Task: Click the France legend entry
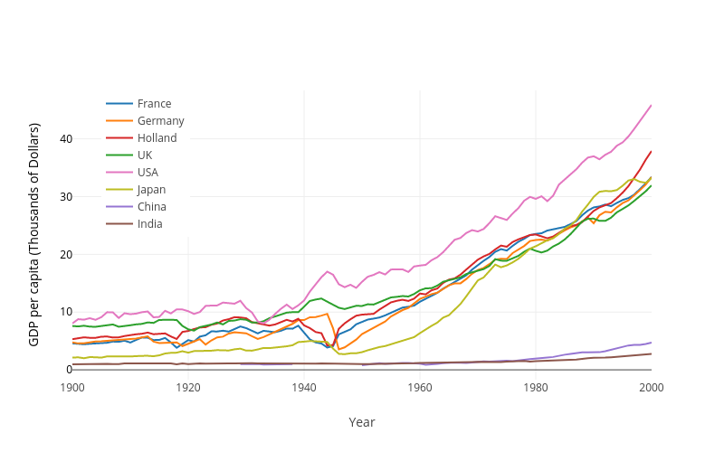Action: (x=154, y=104)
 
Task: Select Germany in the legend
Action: (x=160, y=121)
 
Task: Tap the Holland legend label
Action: (x=157, y=138)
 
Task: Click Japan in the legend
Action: (x=152, y=190)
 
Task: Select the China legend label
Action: (x=152, y=207)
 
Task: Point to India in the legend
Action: (x=150, y=224)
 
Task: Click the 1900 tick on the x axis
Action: (x=72, y=388)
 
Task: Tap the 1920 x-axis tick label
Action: (x=188, y=388)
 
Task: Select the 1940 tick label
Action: (x=304, y=388)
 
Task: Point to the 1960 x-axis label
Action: (x=420, y=388)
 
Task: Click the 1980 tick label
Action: (x=536, y=388)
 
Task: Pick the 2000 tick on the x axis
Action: (x=652, y=388)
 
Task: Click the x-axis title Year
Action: (x=362, y=422)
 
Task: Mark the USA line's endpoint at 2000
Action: (x=652, y=105)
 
